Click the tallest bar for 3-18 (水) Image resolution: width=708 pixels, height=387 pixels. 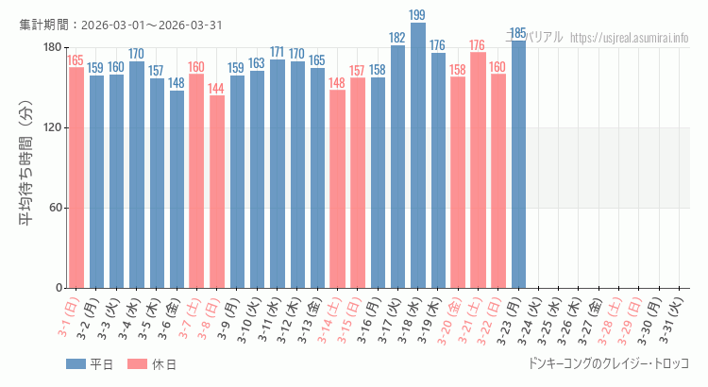pyautogui.click(x=418, y=156)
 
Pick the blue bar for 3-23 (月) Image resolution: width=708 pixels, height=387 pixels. pyautogui.click(x=518, y=164)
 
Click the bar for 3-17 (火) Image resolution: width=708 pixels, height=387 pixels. pyautogui.click(x=397, y=166)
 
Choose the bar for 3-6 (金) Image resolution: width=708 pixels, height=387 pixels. pyautogui.click(x=177, y=189)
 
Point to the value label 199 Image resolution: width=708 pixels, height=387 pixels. pyautogui.click(x=418, y=15)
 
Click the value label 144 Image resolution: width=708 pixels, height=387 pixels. pyautogui.click(x=217, y=89)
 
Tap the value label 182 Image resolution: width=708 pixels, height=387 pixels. pyautogui.click(x=397, y=38)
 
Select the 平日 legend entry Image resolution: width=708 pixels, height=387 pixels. pyautogui.click(x=90, y=364)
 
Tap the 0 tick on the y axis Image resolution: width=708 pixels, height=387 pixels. pyautogui.click(x=58, y=288)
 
